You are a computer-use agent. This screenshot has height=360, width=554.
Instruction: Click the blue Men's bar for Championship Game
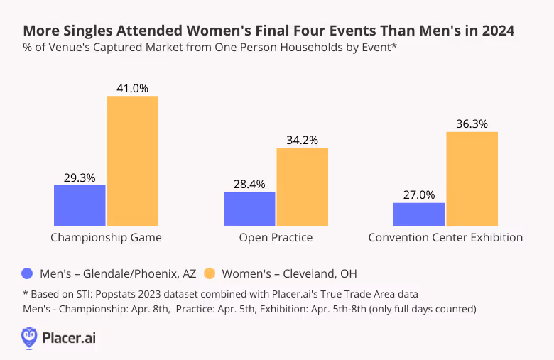[x=80, y=205]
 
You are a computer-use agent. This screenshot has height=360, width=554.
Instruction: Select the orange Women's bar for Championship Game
[x=132, y=160]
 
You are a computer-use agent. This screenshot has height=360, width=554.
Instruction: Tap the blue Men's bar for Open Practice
[x=249, y=208]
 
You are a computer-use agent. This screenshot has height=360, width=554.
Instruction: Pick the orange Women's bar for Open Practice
[x=302, y=187]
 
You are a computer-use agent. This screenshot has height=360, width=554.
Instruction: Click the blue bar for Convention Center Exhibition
[x=419, y=214]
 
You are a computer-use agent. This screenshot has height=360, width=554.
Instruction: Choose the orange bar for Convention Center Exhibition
[x=472, y=178]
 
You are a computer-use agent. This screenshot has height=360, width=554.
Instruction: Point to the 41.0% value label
[x=132, y=88]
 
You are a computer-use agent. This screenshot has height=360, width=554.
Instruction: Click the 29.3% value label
[x=80, y=178]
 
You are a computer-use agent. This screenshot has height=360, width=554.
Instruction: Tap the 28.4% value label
[x=249, y=184]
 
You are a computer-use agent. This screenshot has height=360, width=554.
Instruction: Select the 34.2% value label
[x=302, y=140]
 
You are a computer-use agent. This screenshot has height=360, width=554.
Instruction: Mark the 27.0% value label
[x=419, y=195]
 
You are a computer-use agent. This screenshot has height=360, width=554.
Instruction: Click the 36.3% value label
[x=472, y=124]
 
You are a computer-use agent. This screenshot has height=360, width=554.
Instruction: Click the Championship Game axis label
[x=106, y=237]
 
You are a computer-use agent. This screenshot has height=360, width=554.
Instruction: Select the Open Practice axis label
[x=276, y=237]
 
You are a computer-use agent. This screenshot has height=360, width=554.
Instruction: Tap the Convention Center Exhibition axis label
[x=445, y=237]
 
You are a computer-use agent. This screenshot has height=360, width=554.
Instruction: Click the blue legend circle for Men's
[x=28, y=273]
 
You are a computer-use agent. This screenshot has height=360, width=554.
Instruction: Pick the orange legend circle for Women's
[x=210, y=273]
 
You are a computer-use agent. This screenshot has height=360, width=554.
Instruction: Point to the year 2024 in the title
[x=495, y=31]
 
